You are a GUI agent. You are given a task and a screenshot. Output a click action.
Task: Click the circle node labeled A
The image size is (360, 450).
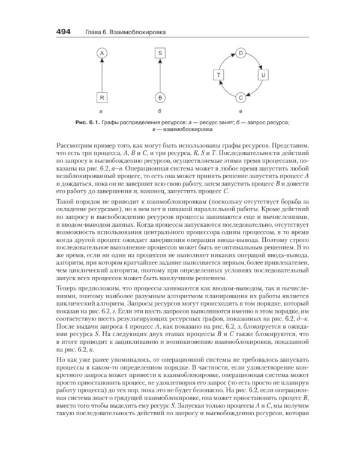point(102,53)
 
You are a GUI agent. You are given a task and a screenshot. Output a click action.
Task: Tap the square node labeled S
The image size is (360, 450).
point(160,53)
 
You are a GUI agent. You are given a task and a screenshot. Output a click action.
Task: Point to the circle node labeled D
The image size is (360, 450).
point(240,53)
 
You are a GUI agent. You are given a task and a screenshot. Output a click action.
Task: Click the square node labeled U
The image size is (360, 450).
point(262,75)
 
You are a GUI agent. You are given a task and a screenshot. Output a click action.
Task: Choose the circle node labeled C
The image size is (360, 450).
point(240,97)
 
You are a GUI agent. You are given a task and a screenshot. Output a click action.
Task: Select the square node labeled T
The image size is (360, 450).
point(218,75)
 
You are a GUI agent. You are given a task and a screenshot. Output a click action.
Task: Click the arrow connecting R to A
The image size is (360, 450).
point(102,75)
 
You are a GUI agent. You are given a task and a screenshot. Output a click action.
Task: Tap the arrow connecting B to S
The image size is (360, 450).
point(160,75)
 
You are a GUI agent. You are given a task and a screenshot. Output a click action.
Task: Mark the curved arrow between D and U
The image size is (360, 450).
point(256,59)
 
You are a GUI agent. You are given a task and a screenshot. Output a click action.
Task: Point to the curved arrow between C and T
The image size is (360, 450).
point(225,91)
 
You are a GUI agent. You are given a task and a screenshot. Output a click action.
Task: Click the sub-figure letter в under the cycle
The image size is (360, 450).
point(240,112)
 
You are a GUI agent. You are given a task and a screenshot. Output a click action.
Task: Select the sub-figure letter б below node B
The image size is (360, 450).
point(160,112)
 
